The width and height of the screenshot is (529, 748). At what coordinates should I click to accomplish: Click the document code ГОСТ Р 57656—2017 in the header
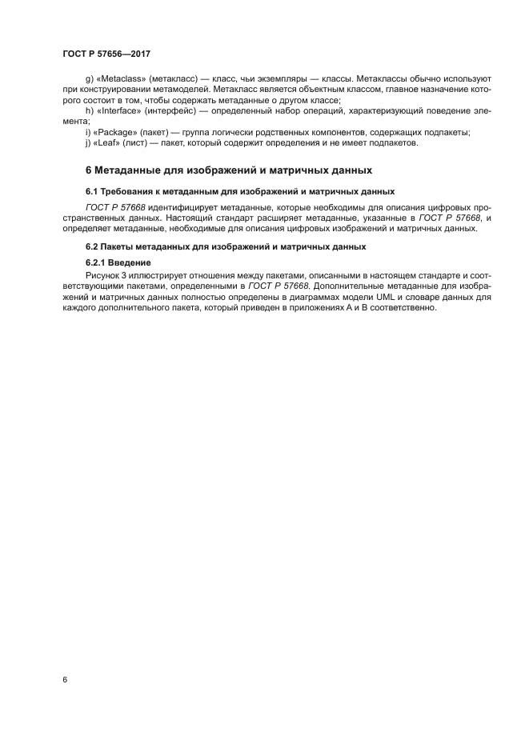[x=106, y=54]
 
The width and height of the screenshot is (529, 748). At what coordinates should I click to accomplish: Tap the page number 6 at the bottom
[x=65, y=679]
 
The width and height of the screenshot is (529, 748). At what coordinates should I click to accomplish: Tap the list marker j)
[x=87, y=142]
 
